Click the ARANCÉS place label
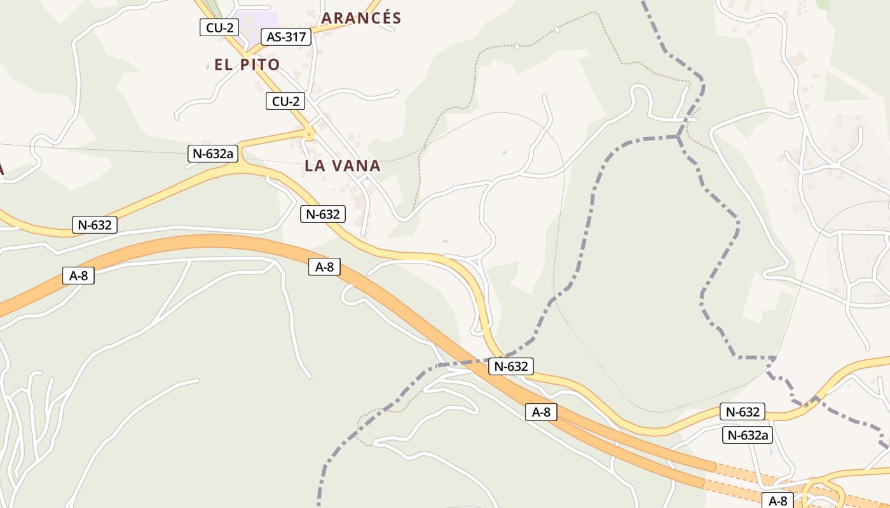tap(361, 18)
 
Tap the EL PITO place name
tap(247, 65)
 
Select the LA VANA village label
tap(343, 166)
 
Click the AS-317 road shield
tap(286, 37)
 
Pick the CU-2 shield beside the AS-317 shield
tap(219, 27)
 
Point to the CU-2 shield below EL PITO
tap(285, 101)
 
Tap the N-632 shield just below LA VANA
tap(323, 214)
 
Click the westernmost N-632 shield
tap(95, 224)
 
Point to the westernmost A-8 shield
tap(79, 276)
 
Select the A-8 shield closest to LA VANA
tap(324, 267)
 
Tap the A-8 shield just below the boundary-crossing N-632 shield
tap(542, 412)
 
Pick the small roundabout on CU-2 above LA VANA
tap(310, 134)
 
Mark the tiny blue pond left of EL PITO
tap(208, 67)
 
